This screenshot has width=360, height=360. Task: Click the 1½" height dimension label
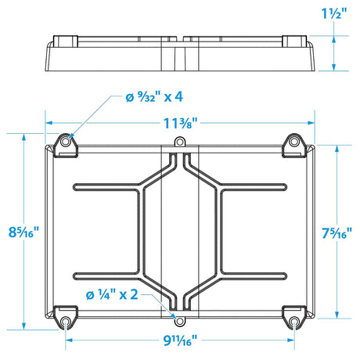click(x=335, y=14)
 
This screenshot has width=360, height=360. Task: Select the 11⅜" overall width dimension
click(x=180, y=123)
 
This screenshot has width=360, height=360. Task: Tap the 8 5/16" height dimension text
click(x=23, y=232)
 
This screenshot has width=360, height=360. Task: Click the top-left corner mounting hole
click(x=66, y=142)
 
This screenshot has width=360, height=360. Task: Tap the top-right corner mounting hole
click(x=294, y=142)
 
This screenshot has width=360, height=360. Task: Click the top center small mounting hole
click(x=180, y=143)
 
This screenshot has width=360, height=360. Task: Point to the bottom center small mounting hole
click(x=180, y=321)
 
